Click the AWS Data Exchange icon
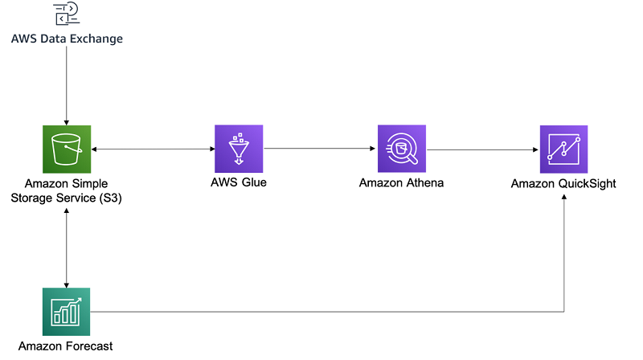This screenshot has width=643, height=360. click(x=66, y=14)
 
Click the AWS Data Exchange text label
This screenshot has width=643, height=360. click(x=67, y=39)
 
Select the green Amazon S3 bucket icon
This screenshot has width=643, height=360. click(x=66, y=149)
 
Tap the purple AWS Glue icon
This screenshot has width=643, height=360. click(x=239, y=149)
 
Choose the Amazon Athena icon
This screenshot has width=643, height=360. click(x=401, y=149)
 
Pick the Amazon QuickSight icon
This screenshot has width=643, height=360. click(x=563, y=149)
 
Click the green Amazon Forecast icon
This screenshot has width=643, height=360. click(x=66, y=311)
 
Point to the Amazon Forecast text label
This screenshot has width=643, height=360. click(x=66, y=346)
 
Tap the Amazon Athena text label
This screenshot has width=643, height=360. click(x=401, y=182)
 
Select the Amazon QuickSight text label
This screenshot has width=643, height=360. click(x=563, y=184)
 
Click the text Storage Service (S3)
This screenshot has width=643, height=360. click(x=67, y=197)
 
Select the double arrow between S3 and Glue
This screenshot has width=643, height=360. click(x=152, y=149)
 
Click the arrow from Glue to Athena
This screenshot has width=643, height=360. click(x=320, y=149)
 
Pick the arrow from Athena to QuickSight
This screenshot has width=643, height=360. click(x=482, y=149)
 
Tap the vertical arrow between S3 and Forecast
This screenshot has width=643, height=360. click(x=66, y=245)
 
